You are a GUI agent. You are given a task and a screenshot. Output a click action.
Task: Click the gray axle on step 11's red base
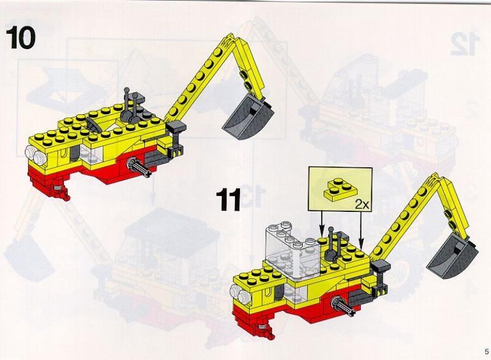[x=344, y=307]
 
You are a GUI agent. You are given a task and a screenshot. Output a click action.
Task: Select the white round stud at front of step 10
[x=35, y=155]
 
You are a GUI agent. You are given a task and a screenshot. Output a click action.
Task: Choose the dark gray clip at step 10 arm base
[x=176, y=129]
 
